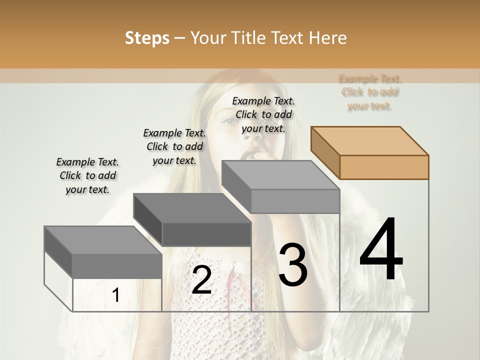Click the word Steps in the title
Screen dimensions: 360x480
[x=146, y=38]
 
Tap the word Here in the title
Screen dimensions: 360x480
[x=328, y=38]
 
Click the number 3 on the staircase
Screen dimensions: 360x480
[x=292, y=265]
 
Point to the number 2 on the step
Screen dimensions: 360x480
[x=201, y=280]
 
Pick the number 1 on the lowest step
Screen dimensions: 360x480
[x=115, y=295]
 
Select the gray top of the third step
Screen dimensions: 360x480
[x=280, y=175]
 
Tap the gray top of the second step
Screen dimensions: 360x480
[x=192, y=208]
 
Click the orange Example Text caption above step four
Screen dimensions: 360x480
[x=370, y=92]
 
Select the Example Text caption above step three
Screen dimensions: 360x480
[x=263, y=114]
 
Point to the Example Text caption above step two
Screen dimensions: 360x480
[x=174, y=146]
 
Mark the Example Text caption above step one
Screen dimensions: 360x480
[x=87, y=175]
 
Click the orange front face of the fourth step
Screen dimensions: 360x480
[x=384, y=167]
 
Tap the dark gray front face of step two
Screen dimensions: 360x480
[x=206, y=234]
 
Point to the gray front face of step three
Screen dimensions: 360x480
[x=295, y=201]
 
